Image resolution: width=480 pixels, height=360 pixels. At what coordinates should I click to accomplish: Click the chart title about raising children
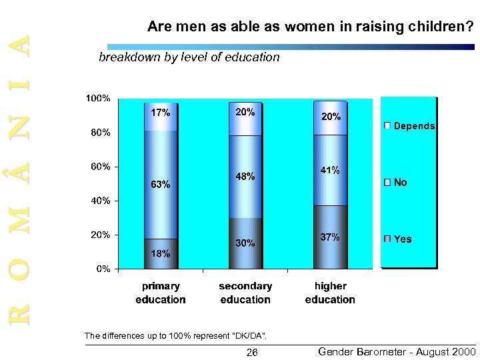311,27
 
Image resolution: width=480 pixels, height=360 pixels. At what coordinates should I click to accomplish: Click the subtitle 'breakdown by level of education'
189,57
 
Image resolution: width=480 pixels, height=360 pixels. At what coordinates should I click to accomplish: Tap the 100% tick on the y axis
97,99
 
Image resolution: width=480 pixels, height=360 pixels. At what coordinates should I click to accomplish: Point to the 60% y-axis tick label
100,167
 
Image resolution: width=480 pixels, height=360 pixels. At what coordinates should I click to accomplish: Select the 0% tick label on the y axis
103,269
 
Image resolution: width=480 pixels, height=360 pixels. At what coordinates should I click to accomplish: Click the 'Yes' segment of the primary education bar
161,253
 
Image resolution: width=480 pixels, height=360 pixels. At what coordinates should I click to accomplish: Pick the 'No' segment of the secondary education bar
245,177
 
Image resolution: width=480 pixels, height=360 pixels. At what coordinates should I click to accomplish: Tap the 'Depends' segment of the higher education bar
331,117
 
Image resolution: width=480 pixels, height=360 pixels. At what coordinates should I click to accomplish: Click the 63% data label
161,185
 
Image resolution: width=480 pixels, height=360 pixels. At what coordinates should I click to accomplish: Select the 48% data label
245,177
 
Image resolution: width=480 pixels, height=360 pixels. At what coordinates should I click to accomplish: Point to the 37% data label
331,237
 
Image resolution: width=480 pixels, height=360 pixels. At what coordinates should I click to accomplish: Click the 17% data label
161,113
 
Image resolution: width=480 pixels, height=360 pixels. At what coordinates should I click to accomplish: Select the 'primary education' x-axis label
161,293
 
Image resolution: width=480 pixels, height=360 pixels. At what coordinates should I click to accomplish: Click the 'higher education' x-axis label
331,293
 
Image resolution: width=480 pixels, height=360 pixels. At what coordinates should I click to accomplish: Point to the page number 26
252,352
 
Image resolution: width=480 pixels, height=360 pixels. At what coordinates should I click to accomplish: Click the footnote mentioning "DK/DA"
176,335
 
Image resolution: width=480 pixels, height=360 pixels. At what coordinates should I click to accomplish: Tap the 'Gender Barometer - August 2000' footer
396,351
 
